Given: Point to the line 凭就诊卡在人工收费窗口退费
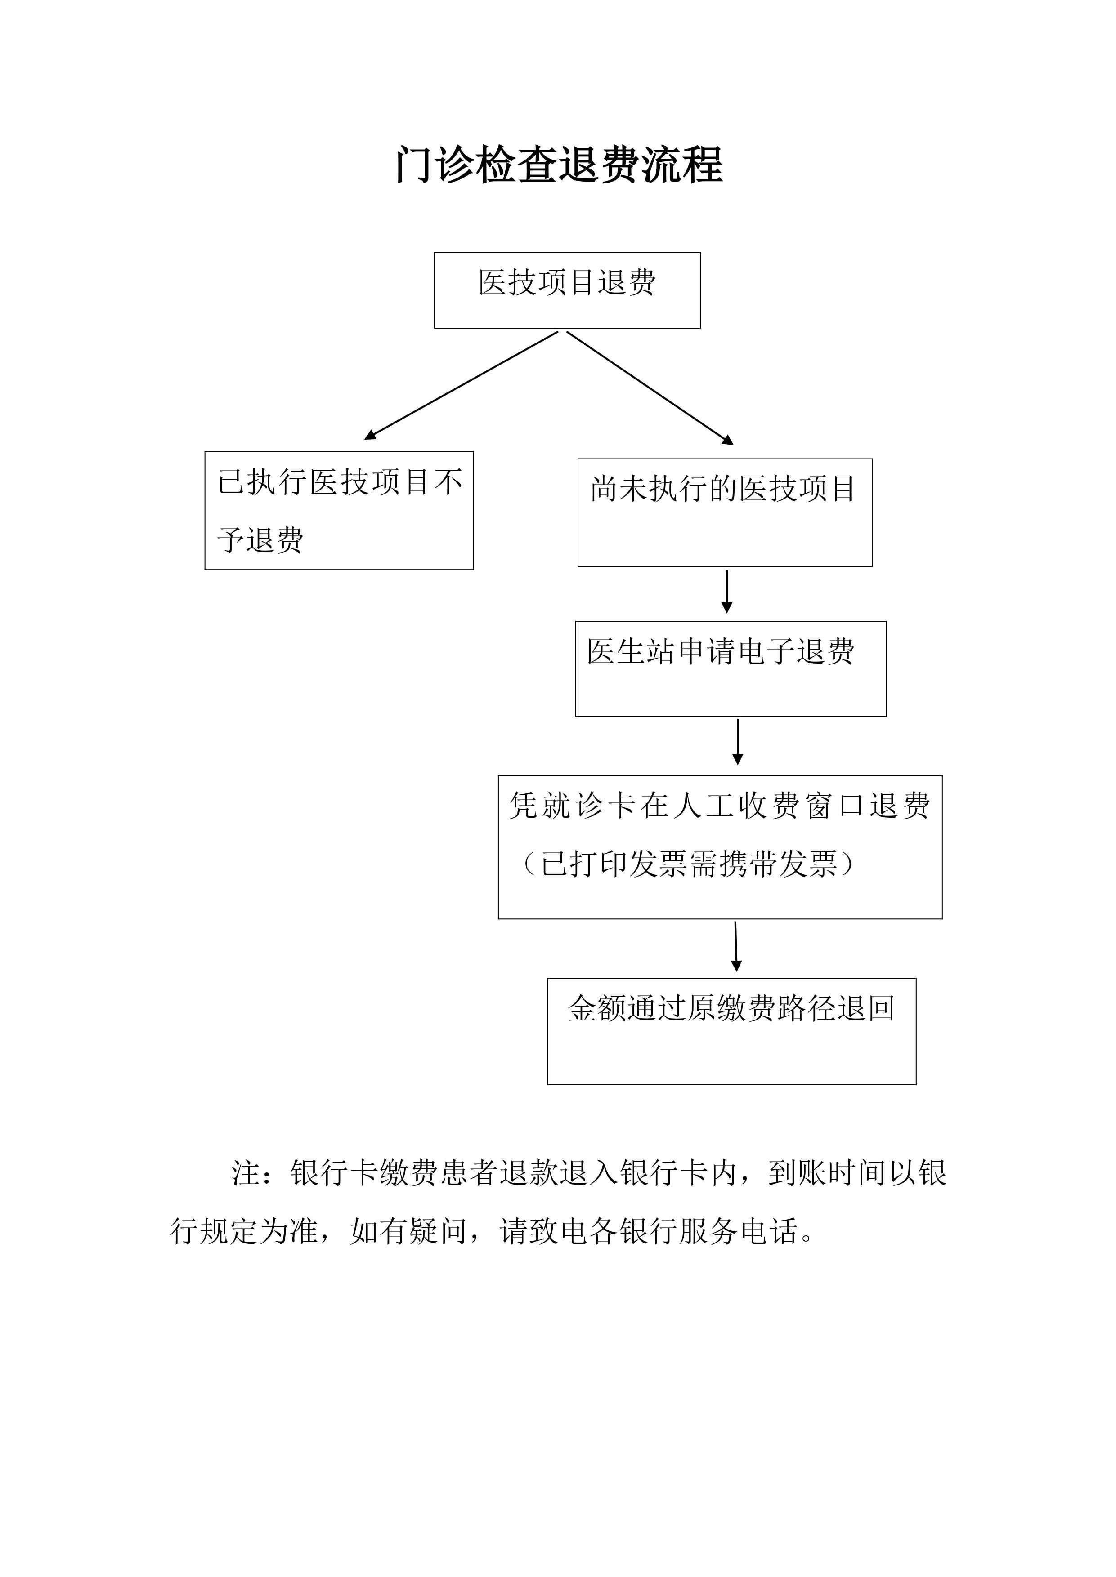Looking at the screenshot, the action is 720,806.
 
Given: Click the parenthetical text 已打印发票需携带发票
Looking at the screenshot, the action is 689,864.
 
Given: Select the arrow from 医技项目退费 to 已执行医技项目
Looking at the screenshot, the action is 461,385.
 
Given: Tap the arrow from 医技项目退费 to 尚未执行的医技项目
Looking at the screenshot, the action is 650,388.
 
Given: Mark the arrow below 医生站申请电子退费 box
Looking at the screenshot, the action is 737,742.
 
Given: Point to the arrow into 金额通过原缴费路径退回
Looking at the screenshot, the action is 736,946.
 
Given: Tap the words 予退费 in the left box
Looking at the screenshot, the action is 260,540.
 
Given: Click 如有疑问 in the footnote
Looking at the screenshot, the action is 409,1231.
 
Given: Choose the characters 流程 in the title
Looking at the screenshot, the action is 682,165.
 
